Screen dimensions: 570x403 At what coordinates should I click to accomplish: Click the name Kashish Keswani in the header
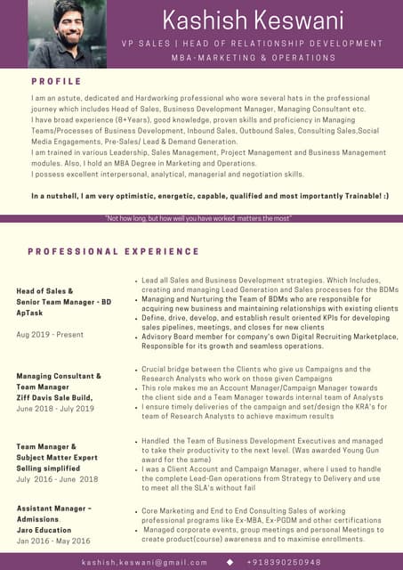pos(253,20)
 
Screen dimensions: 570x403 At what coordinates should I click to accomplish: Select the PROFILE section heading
pos(56,81)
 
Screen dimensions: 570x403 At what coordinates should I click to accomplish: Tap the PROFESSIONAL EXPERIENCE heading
pos(113,252)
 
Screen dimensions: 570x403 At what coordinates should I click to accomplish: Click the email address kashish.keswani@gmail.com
pos(144,562)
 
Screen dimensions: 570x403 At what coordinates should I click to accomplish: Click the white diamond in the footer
pos(230,562)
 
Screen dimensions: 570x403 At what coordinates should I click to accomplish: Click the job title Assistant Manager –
pos(54,509)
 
